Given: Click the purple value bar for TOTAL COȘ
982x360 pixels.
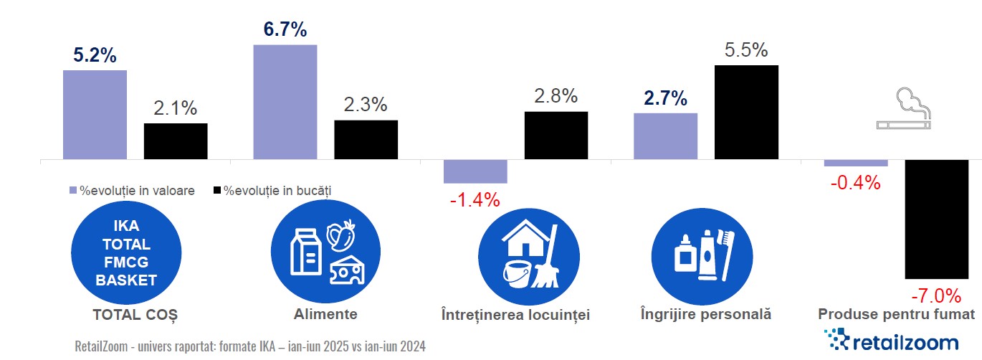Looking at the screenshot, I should tap(95, 114).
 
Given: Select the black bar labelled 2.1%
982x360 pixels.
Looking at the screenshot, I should tap(176, 141).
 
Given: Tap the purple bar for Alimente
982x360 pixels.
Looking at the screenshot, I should tap(285, 101).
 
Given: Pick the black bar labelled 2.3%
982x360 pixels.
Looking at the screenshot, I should tap(366, 139).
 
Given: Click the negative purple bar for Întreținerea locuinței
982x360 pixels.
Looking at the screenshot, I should tap(475, 171).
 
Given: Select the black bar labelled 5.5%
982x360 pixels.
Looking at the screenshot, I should tap(746, 112).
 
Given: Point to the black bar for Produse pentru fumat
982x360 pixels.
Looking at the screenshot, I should tap(936, 219).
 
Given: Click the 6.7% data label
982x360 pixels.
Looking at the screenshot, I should tap(285, 31).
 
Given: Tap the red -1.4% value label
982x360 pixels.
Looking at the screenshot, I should tap(475, 200).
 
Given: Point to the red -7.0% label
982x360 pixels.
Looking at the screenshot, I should tap(935, 295).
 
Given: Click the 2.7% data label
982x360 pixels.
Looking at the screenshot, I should tap(664, 98).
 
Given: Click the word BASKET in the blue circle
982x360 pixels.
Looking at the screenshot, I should tap(126, 280).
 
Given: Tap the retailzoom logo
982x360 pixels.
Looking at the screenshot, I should tap(892, 341).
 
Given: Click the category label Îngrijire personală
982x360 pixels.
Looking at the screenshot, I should tap(705, 314).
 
